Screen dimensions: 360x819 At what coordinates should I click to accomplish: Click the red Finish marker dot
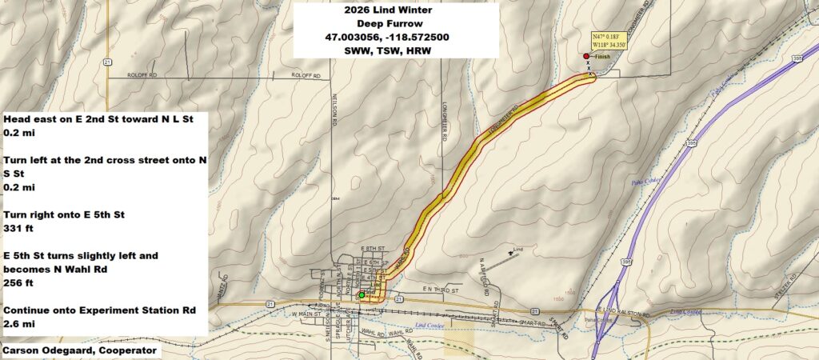pyautogui.click(x=586, y=56)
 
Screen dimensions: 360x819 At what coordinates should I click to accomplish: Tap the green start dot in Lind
pyautogui.click(x=362, y=295)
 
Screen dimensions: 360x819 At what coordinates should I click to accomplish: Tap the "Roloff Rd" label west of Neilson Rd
pyautogui.click(x=145, y=76)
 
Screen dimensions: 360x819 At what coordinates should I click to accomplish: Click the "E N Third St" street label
pyautogui.click(x=439, y=288)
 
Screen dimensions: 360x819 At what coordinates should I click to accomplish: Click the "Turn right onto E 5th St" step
pyautogui.click(x=64, y=214)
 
